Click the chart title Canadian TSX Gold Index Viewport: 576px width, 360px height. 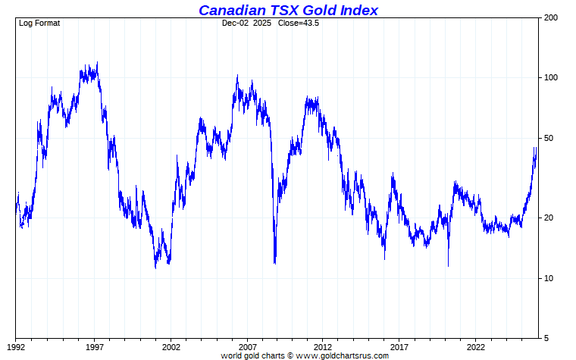pyautogui.click(x=288, y=10)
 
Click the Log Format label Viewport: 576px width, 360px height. pyautogui.click(x=39, y=23)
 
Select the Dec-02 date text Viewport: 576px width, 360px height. pyautogui.click(x=235, y=23)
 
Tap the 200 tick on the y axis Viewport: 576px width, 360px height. pyautogui.click(x=551, y=17)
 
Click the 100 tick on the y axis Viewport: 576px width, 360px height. pyautogui.click(x=551, y=77)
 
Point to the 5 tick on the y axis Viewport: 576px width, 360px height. pyautogui.click(x=546, y=338)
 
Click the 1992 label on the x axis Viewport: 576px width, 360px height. pyautogui.click(x=17, y=347)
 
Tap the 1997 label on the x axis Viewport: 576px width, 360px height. pyautogui.click(x=94, y=347)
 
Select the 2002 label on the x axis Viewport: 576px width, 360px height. pyautogui.click(x=171, y=347)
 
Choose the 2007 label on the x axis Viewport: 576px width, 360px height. pyautogui.click(x=247, y=347)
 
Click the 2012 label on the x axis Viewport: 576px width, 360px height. pyautogui.click(x=324, y=347)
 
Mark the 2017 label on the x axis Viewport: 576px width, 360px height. pyautogui.click(x=400, y=347)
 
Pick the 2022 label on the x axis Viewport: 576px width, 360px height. pyautogui.click(x=477, y=347)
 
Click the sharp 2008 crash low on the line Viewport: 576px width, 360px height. pyautogui.click(x=274, y=263)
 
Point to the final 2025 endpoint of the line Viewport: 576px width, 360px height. pyautogui.click(x=536, y=149)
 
